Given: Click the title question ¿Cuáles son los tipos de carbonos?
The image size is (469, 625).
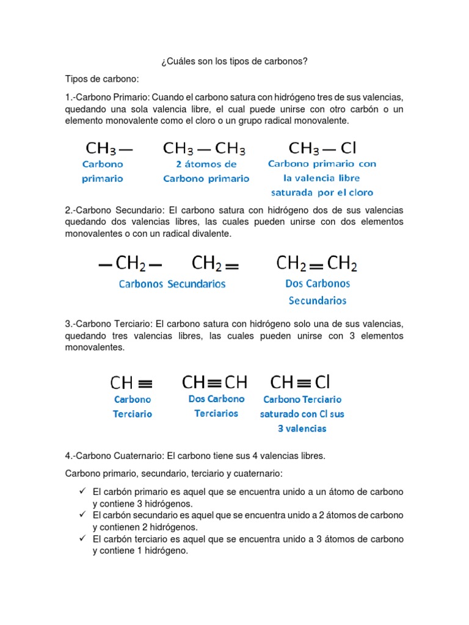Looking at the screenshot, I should (x=234, y=62).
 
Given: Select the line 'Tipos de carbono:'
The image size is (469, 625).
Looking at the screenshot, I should (x=102, y=79).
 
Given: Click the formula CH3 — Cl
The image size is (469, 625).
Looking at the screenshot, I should (x=322, y=148).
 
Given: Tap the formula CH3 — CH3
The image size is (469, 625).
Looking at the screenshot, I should (x=205, y=149).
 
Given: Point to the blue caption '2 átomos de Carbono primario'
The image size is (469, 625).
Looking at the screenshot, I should (x=206, y=172).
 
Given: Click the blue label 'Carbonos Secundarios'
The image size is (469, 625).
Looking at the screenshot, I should (x=172, y=284).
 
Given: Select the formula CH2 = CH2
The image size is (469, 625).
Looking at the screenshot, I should (x=316, y=264).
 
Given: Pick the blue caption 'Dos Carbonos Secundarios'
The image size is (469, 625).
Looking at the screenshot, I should (x=318, y=292).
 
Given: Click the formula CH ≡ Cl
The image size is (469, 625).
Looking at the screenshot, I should (x=300, y=383).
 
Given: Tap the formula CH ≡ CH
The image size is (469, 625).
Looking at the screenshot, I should (x=214, y=383).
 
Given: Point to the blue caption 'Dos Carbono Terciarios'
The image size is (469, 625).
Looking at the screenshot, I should (x=216, y=406).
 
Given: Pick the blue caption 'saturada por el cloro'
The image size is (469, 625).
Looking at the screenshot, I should (x=322, y=193).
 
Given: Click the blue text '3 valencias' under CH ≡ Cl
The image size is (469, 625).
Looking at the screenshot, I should (x=302, y=428).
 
